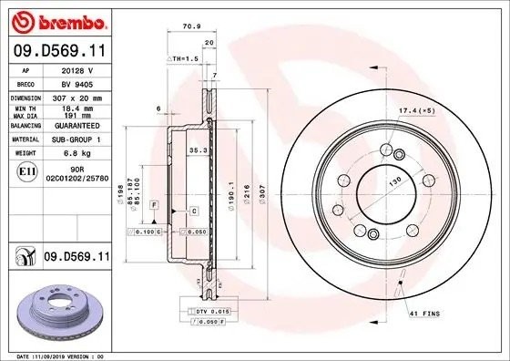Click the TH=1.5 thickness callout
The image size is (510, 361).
click(186, 58)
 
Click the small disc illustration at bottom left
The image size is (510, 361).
click(56, 310)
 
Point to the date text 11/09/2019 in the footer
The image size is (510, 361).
click(73, 355)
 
